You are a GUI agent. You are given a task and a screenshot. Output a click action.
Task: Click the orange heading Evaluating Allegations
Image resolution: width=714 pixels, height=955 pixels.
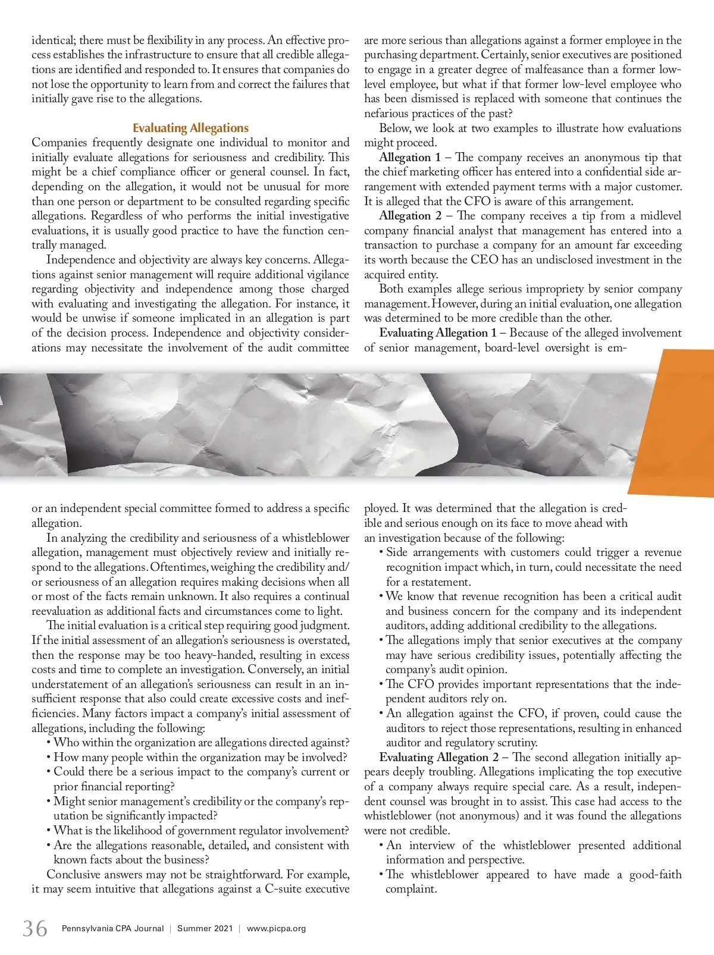click(x=190, y=128)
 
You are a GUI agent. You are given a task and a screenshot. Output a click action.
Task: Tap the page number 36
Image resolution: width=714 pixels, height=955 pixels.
click(x=35, y=928)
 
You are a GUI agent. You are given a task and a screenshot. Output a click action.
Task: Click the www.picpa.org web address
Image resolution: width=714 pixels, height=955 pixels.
click(x=276, y=928)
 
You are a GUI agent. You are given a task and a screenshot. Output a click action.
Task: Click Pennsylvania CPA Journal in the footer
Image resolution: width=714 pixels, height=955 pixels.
click(x=112, y=928)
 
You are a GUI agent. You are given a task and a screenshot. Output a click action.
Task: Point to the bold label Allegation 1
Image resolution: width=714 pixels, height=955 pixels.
click(x=410, y=158)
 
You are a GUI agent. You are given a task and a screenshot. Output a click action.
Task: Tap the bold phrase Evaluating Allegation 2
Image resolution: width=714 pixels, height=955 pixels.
click(x=439, y=758)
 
